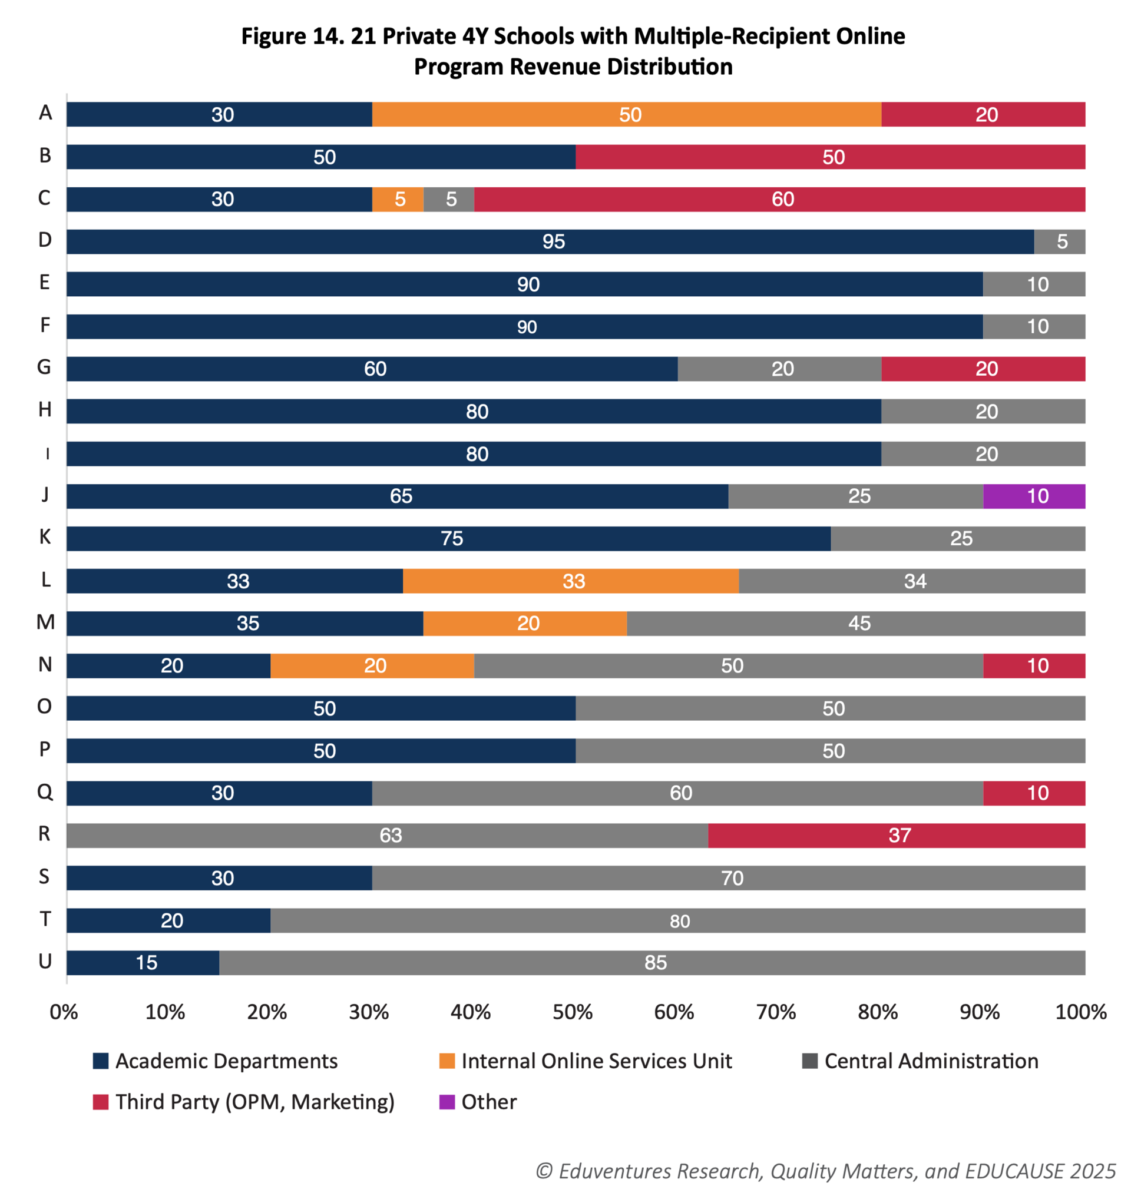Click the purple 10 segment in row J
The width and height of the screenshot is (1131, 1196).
[1034, 496]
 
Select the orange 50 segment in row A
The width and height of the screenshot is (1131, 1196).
[626, 115]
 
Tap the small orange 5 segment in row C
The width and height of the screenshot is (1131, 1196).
[398, 199]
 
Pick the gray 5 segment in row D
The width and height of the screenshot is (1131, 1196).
[1060, 241]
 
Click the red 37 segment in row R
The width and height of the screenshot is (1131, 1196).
[897, 836]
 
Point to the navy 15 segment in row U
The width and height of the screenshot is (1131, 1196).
[143, 963]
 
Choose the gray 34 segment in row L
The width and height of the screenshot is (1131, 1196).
[911, 581]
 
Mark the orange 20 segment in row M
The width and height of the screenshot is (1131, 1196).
[525, 623]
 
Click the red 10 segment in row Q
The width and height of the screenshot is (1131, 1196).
[1034, 793]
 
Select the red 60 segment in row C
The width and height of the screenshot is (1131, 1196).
[779, 199]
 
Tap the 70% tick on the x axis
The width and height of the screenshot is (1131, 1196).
[776, 1012]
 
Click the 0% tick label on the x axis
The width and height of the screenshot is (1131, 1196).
[64, 1012]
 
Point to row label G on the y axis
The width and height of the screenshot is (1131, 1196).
[45, 367]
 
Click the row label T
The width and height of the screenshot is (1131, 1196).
[45, 919]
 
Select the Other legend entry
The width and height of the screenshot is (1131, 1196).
[488, 1102]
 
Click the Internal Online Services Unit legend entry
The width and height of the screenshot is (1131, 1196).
[596, 1061]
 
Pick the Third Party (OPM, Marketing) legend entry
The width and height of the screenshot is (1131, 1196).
[254, 1102]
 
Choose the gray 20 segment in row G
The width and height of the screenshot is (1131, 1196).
[779, 369]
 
